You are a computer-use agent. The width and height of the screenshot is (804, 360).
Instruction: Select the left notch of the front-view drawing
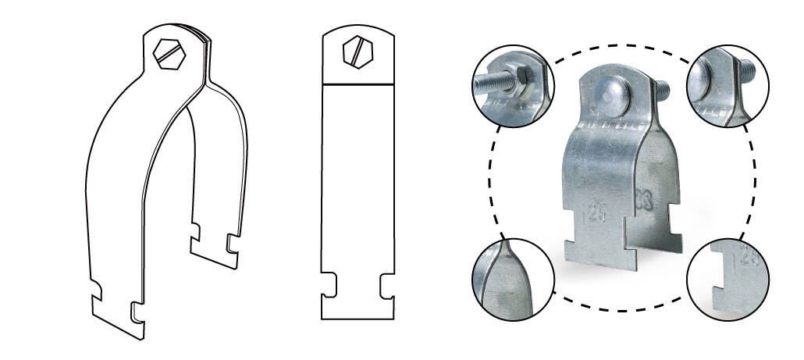[x=329, y=284]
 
